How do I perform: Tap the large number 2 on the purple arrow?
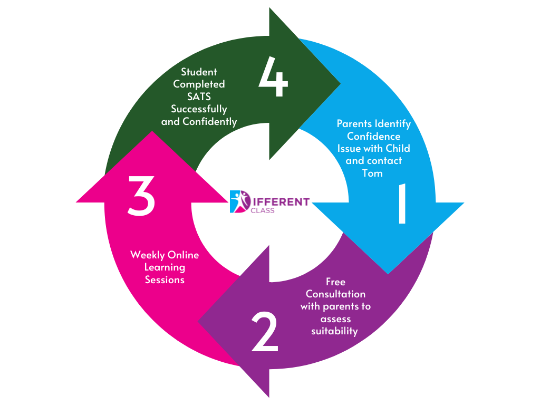(264, 332)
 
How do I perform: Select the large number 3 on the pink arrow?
(141, 196)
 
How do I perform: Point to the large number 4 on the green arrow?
(273, 79)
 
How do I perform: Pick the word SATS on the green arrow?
(199, 97)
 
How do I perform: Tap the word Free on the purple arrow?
(335, 282)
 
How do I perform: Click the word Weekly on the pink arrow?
(147, 255)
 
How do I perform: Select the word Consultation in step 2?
(335, 294)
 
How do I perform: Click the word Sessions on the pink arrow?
(165, 280)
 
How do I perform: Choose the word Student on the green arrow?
(199, 72)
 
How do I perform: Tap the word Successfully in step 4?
(199, 109)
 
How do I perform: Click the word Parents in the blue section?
(354, 124)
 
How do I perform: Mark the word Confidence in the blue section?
(373, 136)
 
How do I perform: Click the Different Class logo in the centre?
(269, 201)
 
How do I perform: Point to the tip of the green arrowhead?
(341, 83)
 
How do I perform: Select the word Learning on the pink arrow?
(165, 267)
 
